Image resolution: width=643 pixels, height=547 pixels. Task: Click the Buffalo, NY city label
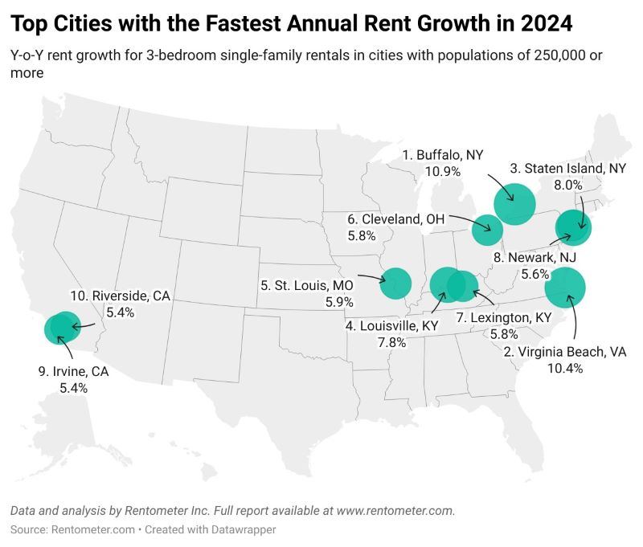click(x=444, y=155)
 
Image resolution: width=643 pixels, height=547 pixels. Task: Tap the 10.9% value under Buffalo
click(x=443, y=171)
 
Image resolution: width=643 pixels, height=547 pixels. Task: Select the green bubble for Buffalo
click(x=515, y=203)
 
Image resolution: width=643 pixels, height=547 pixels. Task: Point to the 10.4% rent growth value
click(x=566, y=368)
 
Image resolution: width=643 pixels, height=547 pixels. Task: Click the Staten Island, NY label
click(x=568, y=169)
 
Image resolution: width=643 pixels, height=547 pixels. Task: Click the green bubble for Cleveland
click(x=487, y=230)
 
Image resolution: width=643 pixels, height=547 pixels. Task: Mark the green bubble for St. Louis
click(x=395, y=283)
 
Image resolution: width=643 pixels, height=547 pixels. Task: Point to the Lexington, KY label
click(x=504, y=317)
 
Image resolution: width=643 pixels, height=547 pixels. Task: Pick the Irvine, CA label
click(x=73, y=371)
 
